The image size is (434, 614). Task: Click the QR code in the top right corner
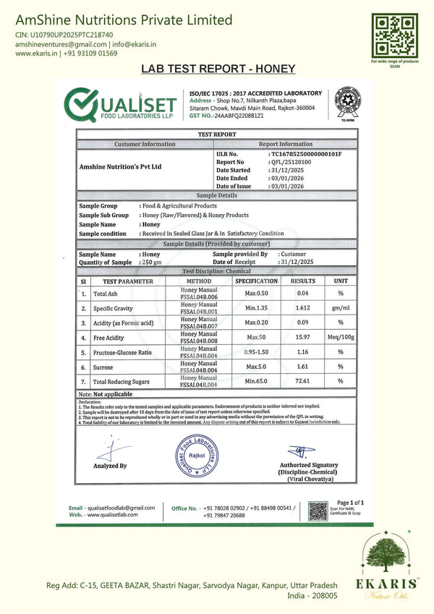tap(395, 34)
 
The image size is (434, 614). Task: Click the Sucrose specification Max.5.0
tap(257, 367)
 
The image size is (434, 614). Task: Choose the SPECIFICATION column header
tap(257, 281)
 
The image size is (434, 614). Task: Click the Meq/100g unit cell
tap(340, 337)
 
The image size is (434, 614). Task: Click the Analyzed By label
tap(110, 466)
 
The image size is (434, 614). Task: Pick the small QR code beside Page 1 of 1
tap(318, 511)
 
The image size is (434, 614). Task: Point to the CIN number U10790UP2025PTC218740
tap(64, 34)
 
